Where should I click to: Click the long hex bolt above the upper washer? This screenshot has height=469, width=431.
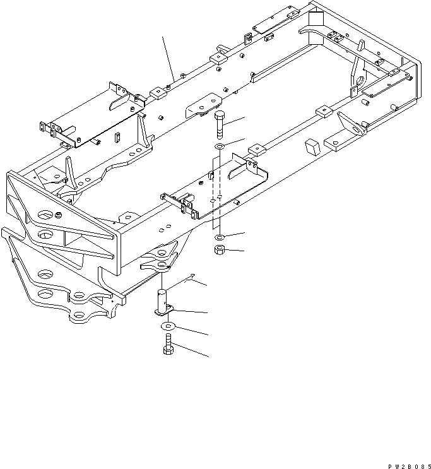[x=218, y=126]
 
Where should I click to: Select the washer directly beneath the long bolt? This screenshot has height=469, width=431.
[x=218, y=148]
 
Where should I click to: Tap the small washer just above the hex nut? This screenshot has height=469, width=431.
[x=220, y=237]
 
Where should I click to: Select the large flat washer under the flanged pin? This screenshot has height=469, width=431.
[x=168, y=326]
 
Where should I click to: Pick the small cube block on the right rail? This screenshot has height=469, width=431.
[x=312, y=147]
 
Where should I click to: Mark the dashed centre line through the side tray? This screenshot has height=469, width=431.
[x=216, y=189]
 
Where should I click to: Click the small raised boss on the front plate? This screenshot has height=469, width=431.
[x=59, y=217]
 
